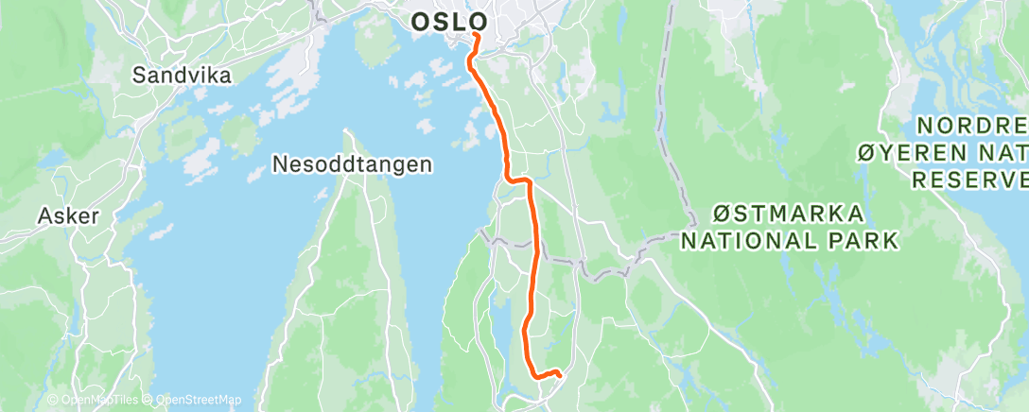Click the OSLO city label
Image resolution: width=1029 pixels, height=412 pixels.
tap(450, 22)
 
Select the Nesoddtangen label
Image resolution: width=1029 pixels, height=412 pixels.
tap(352, 164)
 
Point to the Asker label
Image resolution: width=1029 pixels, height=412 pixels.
tap(68, 215)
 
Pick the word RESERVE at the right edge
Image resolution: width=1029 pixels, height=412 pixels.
tap(970, 179)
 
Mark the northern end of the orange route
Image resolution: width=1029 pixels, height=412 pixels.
tap(475, 37)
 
